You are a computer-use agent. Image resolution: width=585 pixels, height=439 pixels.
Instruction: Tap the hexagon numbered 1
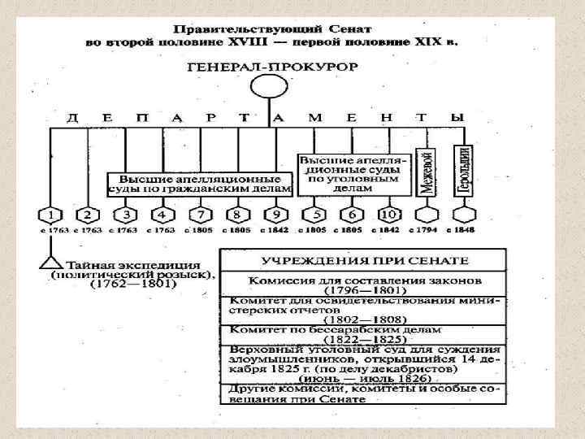click(x=50, y=215)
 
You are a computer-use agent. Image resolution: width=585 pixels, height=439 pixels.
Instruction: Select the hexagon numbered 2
click(x=88, y=215)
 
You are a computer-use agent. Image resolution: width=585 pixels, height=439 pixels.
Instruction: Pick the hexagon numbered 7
click(x=201, y=215)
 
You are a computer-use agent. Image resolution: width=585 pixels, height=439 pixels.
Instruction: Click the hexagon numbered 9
click(x=275, y=215)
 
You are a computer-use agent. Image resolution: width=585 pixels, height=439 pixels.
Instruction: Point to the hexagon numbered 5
click(x=313, y=215)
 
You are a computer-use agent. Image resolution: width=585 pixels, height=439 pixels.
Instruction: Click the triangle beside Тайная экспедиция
click(x=50, y=263)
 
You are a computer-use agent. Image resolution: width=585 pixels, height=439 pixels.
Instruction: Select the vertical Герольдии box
click(x=463, y=170)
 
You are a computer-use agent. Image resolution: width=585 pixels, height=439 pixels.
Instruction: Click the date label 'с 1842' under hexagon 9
click(x=275, y=231)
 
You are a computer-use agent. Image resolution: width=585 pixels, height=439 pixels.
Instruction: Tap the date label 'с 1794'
click(x=425, y=231)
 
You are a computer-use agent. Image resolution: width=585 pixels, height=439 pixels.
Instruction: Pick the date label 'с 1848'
click(x=463, y=231)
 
